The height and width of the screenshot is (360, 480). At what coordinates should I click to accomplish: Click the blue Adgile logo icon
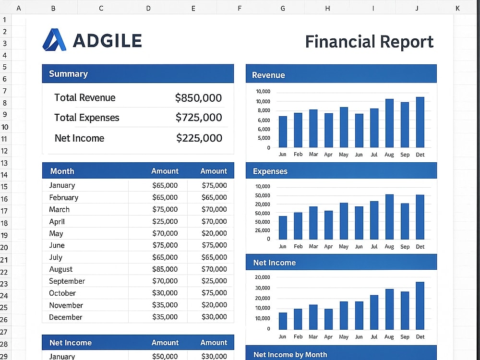[54, 39]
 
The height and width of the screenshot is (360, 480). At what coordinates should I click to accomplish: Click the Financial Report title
[369, 42]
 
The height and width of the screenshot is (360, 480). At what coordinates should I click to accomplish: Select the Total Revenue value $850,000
[198, 98]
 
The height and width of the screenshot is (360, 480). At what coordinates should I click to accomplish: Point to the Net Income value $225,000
[199, 138]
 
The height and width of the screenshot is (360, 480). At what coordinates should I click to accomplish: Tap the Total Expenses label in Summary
[86, 118]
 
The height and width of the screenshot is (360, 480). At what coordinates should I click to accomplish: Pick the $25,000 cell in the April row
[165, 221]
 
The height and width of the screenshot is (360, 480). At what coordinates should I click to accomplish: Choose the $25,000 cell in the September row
[214, 281]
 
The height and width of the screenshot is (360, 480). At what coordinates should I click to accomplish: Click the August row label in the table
[61, 269]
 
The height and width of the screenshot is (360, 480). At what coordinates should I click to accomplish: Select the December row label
[65, 317]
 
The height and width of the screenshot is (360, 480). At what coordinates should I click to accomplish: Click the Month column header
[62, 171]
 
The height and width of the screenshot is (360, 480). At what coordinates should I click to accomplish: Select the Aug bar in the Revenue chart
[389, 123]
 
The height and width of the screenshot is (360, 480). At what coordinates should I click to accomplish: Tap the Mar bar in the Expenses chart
[313, 223]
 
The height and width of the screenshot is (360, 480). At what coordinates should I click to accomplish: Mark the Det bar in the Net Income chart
[420, 306]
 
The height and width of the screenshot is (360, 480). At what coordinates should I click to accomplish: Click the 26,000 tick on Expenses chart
[263, 230]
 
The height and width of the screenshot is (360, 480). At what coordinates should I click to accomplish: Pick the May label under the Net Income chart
[344, 337]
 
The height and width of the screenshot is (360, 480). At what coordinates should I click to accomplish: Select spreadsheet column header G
[283, 8]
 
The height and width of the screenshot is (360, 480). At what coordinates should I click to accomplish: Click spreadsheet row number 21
[4, 260]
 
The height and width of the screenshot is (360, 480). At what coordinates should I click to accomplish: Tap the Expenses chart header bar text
[270, 171]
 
